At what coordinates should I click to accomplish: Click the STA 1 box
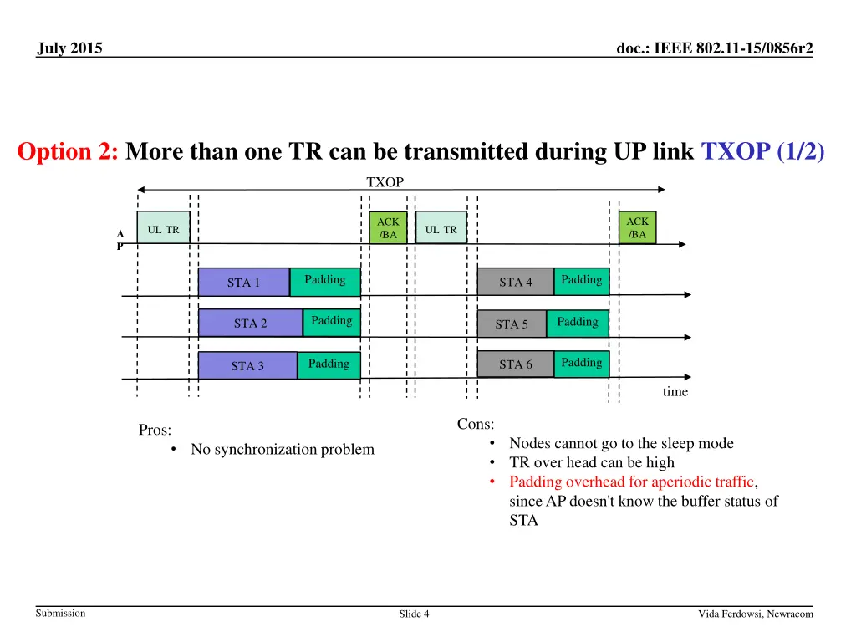click(244, 283)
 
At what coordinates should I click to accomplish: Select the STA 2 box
click(250, 324)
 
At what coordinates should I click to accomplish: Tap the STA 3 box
click(247, 365)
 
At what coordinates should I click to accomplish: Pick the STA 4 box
click(515, 282)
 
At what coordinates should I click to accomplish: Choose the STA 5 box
click(512, 324)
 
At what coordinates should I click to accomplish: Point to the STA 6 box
click(515, 364)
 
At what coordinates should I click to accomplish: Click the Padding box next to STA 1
click(325, 281)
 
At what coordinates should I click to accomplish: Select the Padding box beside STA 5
click(578, 323)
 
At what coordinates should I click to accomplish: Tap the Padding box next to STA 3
click(329, 364)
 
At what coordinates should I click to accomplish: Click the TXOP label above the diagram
click(385, 181)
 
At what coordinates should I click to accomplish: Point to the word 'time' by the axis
click(675, 391)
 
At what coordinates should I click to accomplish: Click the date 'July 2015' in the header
click(70, 48)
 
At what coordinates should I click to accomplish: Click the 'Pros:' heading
click(155, 430)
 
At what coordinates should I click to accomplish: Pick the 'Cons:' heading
click(476, 424)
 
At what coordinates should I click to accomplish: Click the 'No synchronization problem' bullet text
click(282, 450)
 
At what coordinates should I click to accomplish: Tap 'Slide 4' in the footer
click(414, 614)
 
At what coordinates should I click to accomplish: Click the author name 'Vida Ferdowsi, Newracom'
click(755, 614)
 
